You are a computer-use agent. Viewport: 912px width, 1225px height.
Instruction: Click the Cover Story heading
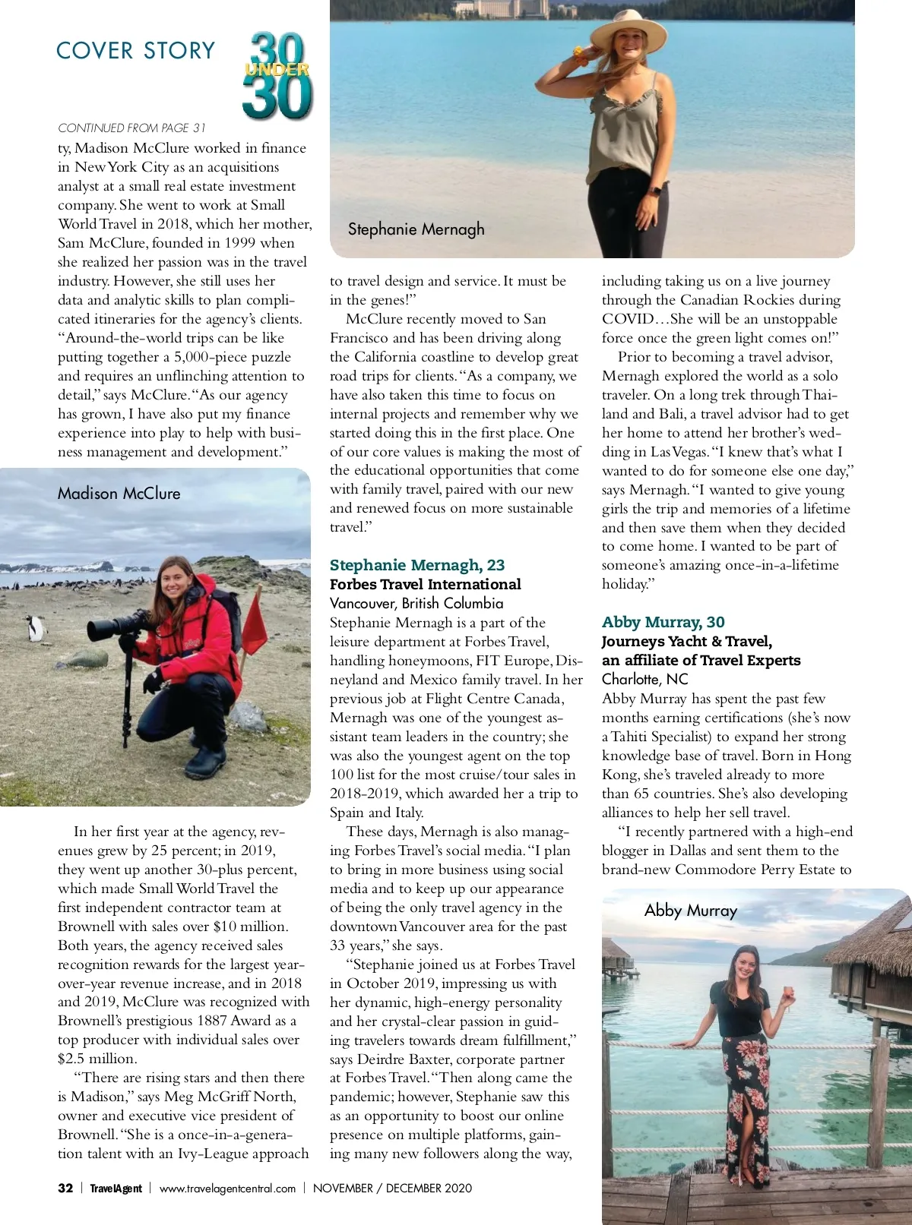[x=136, y=51]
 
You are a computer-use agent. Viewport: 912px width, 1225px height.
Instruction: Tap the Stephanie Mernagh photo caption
[x=416, y=229]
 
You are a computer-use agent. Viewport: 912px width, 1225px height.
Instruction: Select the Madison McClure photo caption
[x=119, y=494]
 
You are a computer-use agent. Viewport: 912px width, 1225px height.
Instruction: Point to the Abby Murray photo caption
[x=690, y=911]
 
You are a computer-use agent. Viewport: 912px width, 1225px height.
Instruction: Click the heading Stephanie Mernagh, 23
[x=417, y=565]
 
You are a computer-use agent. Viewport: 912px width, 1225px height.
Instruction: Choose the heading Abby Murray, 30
[x=663, y=622]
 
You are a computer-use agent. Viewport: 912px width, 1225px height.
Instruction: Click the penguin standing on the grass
[x=34, y=627]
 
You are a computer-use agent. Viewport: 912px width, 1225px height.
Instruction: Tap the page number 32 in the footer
[x=65, y=1189]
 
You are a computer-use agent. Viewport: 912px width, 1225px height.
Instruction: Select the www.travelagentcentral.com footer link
[x=227, y=1189]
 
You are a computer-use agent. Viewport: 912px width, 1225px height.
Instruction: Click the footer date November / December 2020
[x=392, y=1189]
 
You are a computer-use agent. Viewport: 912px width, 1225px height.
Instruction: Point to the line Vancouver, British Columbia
[x=416, y=603]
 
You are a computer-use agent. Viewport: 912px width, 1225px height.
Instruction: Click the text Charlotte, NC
[x=644, y=679]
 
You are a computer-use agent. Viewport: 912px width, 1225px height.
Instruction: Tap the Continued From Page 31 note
[x=131, y=128]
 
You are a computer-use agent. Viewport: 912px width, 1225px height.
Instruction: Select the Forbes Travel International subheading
[x=426, y=584]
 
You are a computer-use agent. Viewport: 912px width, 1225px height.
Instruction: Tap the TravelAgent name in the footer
[x=116, y=1189]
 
